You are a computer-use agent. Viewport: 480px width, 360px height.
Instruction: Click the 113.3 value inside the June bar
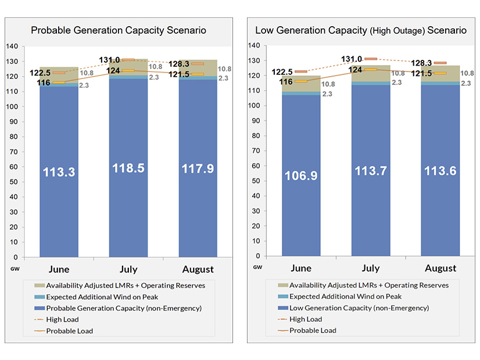59,172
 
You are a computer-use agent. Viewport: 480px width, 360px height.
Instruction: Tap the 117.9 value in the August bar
198,170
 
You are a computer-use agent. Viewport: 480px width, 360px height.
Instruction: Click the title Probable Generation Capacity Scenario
118,30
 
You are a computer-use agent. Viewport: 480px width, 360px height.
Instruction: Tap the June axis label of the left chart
59,269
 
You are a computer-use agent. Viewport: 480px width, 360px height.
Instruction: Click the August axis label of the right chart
440,268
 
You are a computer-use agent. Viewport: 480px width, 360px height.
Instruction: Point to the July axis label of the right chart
371,268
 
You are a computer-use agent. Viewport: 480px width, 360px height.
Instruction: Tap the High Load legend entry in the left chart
62,319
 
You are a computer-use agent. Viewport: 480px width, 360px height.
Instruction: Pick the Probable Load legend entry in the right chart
313,330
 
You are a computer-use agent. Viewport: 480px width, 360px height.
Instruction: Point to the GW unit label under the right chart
257,267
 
